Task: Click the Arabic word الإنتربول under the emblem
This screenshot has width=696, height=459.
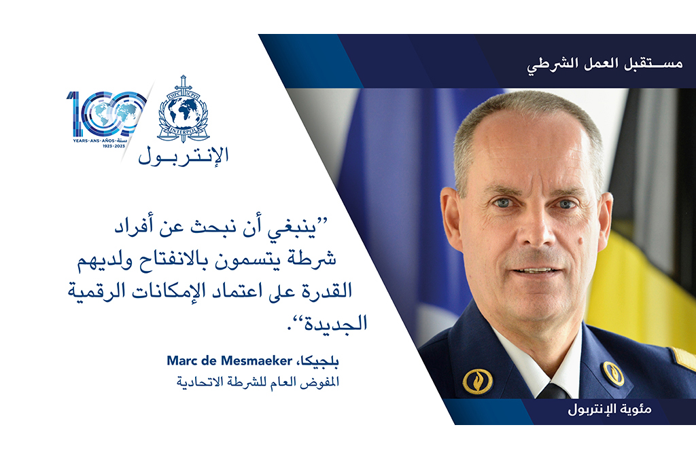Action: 184,155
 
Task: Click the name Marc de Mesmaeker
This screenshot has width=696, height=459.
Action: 229,361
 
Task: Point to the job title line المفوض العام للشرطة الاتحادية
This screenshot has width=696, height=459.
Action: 258,382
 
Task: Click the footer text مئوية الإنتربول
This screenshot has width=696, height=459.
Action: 610,409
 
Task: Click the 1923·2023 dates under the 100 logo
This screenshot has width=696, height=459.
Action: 114,146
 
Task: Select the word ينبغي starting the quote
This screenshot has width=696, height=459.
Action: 292,227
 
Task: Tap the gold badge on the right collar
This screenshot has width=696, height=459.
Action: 613,373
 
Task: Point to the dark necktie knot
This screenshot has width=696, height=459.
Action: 553,391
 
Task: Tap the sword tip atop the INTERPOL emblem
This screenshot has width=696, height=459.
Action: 183,76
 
